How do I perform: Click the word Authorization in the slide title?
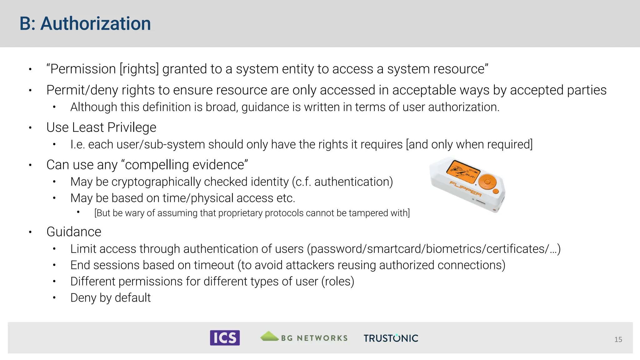[96, 24]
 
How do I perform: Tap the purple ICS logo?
[225, 338]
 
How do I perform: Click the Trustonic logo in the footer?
[391, 338]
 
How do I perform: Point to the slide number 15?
[618, 339]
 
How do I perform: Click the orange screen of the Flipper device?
[462, 172]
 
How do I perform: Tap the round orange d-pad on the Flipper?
[487, 182]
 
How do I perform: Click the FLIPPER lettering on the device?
[465, 189]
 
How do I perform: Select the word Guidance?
[74, 232]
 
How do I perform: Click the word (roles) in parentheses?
[338, 282]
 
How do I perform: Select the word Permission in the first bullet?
[83, 69]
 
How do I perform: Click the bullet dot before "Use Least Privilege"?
[30, 127]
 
